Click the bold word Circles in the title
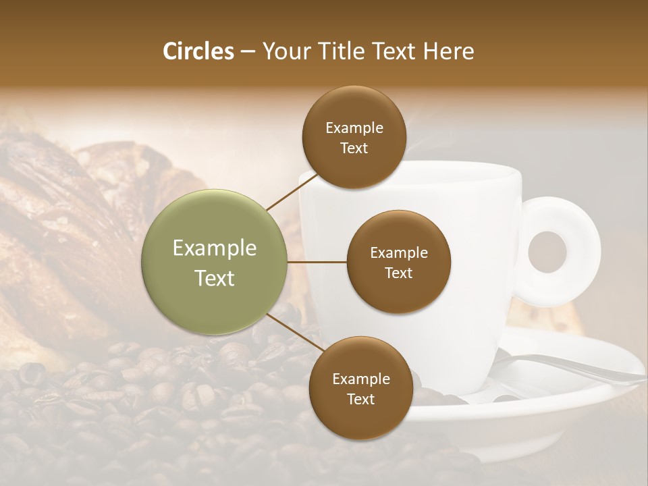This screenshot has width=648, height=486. coord(198,51)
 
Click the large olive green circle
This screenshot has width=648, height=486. coord(215,262)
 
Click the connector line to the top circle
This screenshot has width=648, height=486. coord(292,192)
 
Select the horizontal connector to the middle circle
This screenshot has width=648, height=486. coord(317,262)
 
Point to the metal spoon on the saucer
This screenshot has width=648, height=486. coord(574,368)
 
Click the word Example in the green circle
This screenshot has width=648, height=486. coord(215,248)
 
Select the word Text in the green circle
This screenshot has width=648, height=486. coord(215,278)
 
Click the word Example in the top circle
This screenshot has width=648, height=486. coord(354,128)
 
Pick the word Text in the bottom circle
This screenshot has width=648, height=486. coord(360,399)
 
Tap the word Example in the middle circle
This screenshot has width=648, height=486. coord(399,253)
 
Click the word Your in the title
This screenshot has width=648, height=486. coord(283,51)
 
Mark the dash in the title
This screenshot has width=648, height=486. coord(248,52)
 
